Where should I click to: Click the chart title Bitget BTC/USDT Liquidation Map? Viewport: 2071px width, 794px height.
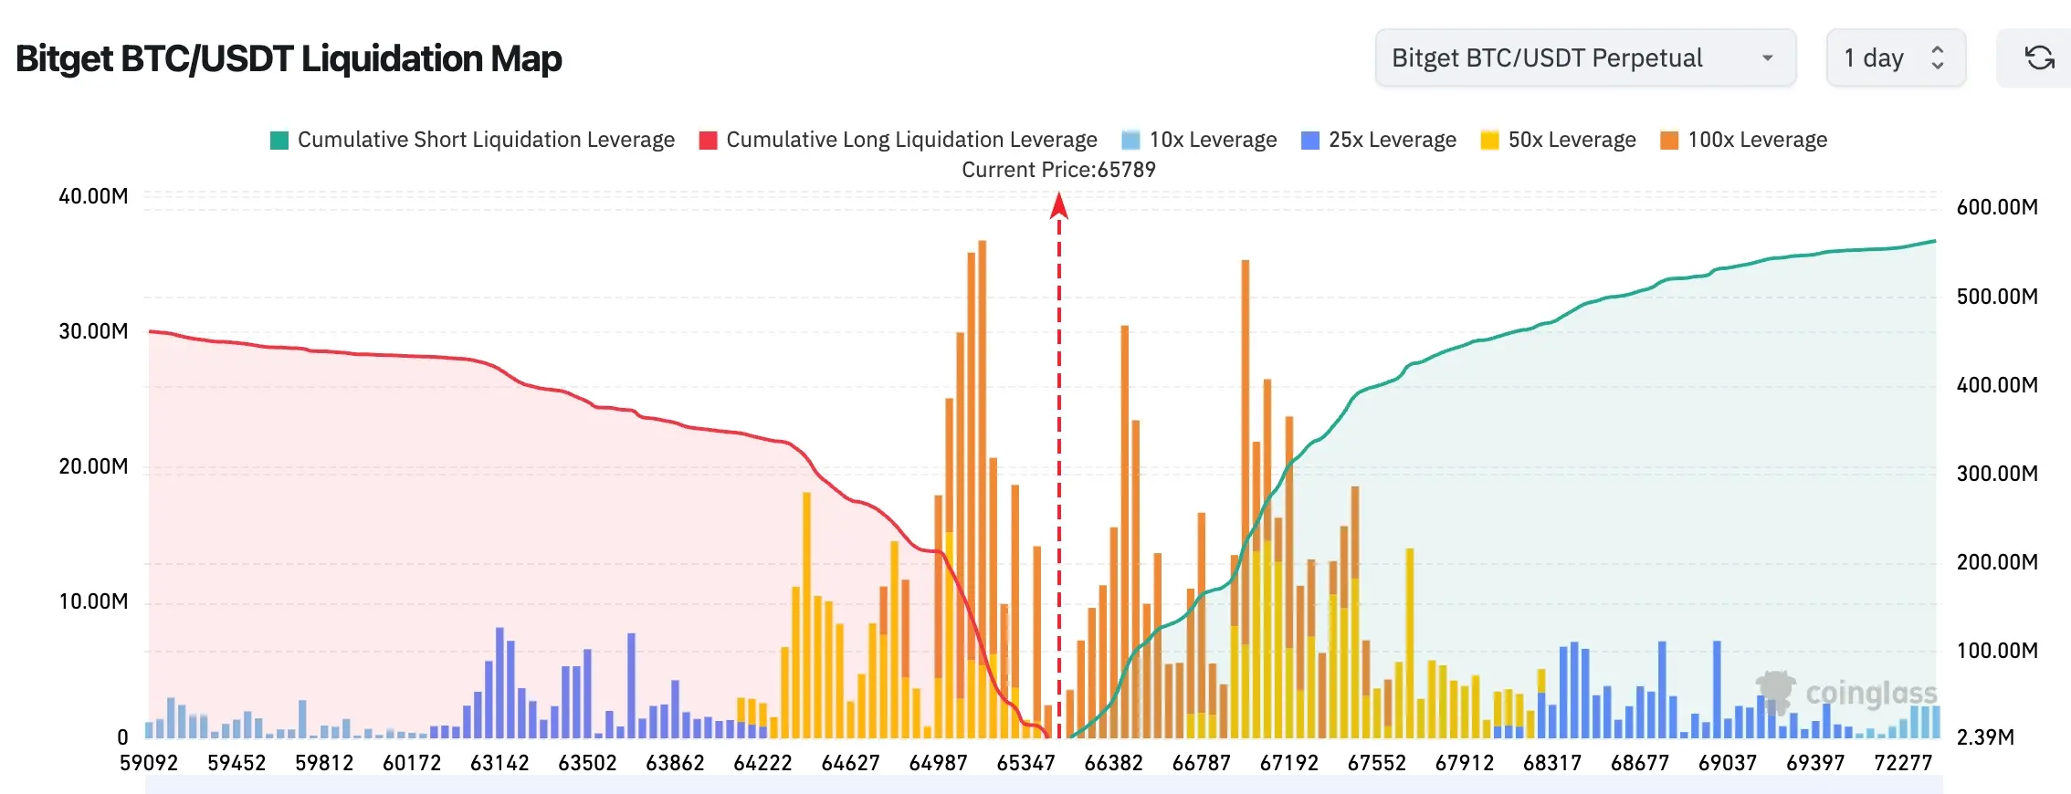(289, 58)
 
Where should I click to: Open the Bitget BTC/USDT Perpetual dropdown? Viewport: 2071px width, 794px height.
(1585, 57)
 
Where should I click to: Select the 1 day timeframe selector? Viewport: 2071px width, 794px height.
(1896, 57)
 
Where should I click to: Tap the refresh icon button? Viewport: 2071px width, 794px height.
(2039, 57)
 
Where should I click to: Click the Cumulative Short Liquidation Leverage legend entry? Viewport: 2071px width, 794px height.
(472, 140)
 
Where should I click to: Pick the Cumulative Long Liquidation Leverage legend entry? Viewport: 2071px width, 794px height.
(898, 140)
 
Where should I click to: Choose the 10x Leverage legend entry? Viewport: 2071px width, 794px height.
(1199, 140)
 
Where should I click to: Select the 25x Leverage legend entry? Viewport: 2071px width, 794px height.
(1379, 140)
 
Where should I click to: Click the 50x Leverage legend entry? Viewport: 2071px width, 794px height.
(1558, 140)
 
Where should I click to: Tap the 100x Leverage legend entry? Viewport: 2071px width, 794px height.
(1743, 140)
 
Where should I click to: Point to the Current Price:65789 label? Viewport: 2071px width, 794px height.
(1058, 170)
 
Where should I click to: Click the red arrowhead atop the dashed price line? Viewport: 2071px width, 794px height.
(1059, 205)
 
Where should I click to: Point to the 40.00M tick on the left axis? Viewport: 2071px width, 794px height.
(93, 196)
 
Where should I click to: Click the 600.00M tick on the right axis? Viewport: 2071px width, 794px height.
(1997, 207)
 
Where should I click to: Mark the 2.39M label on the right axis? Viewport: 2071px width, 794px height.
(1985, 737)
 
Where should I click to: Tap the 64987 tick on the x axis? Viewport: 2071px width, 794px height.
(938, 763)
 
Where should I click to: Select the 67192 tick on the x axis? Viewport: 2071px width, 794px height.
(1288, 763)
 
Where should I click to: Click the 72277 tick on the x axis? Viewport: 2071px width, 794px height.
(1903, 763)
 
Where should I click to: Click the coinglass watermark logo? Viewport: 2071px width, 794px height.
(1845, 693)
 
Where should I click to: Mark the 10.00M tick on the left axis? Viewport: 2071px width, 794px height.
(93, 601)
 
